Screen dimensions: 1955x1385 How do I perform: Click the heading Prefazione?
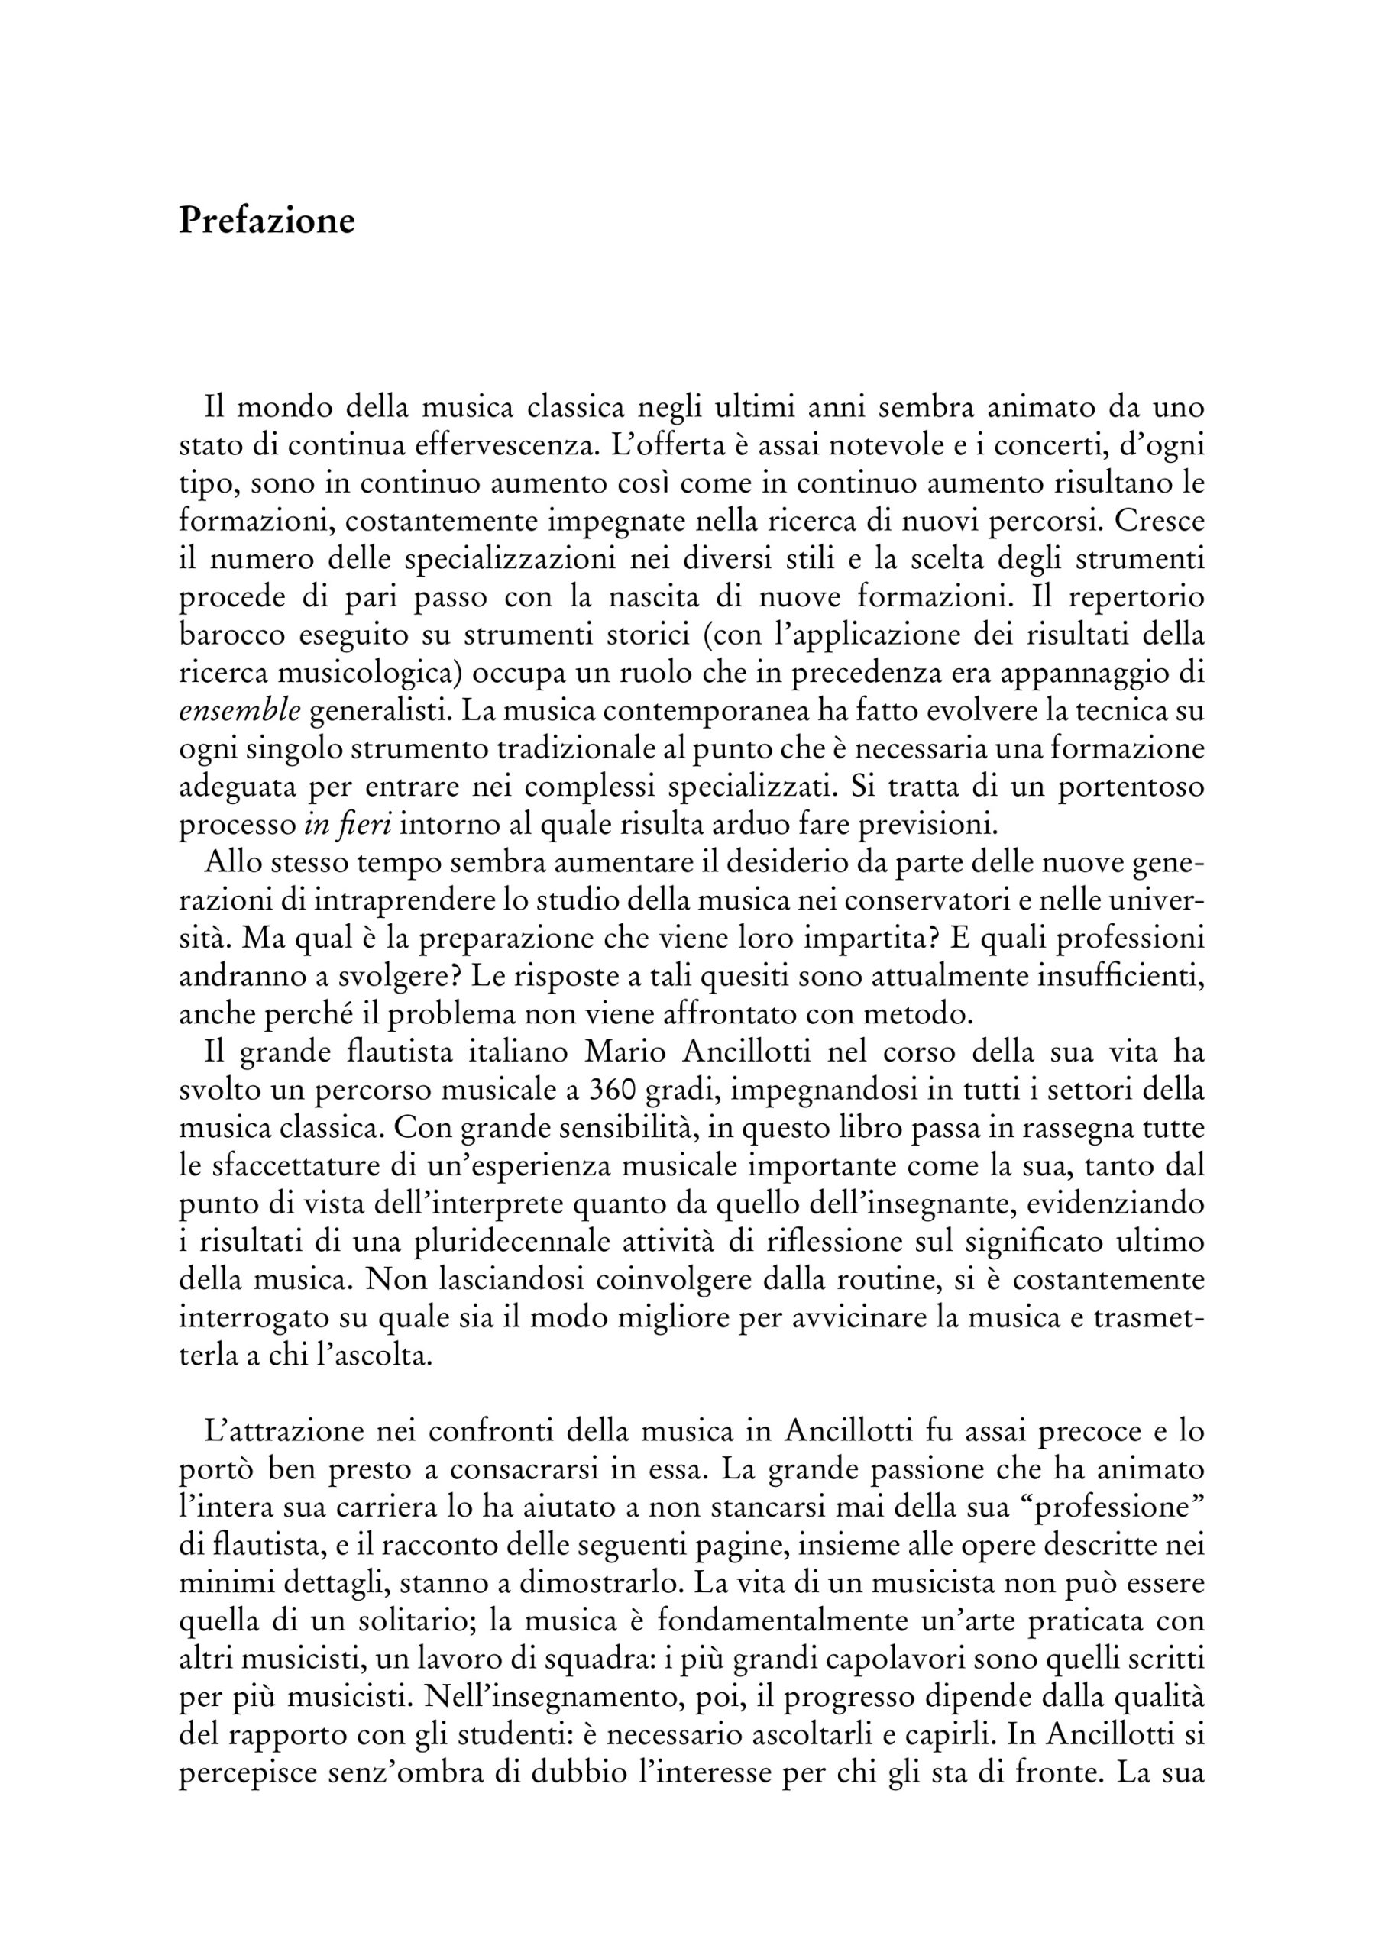(x=267, y=221)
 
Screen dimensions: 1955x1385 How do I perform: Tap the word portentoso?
(x=1131, y=787)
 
